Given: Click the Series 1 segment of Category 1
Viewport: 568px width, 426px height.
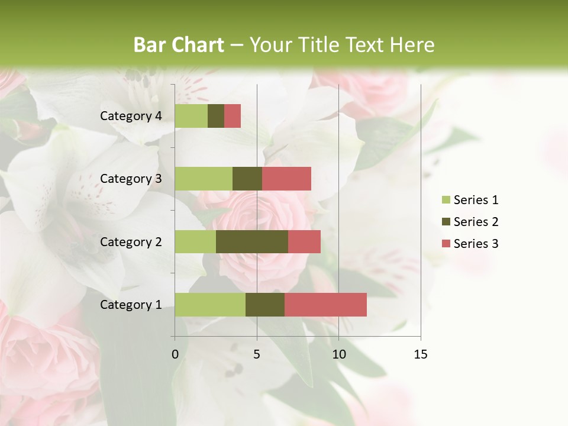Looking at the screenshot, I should click(x=210, y=305).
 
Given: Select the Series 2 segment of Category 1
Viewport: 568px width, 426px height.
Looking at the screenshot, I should click(x=265, y=305).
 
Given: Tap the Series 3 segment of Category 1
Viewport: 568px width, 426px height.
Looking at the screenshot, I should click(x=325, y=305).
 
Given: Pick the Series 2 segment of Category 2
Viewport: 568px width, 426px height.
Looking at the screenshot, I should click(x=252, y=241).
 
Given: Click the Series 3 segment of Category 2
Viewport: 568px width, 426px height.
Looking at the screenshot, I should click(x=304, y=241).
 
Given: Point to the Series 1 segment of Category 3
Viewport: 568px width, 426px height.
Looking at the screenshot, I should click(x=204, y=179).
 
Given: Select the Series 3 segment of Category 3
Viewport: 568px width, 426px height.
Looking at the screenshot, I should click(x=286, y=179).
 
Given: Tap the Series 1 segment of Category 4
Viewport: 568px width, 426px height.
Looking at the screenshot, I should click(x=191, y=116).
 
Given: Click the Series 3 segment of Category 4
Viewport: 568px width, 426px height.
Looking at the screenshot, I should click(x=233, y=116).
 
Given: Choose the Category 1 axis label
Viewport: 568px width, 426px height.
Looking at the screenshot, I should click(x=131, y=305).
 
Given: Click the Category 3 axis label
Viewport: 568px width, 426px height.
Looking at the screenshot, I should click(x=131, y=179).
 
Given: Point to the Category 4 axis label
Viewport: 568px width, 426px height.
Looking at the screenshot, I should click(x=131, y=116).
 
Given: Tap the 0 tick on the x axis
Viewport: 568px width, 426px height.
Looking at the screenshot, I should click(x=175, y=354).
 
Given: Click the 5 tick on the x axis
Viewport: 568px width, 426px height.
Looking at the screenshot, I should click(x=257, y=354).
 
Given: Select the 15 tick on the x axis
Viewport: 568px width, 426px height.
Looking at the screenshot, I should click(x=421, y=354).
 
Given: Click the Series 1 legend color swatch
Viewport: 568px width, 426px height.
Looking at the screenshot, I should click(x=446, y=200).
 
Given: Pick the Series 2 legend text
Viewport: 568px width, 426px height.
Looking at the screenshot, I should click(x=476, y=222).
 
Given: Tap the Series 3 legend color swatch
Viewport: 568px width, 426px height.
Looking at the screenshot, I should click(x=446, y=244).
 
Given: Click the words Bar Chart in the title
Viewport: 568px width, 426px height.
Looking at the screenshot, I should click(x=179, y=45).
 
